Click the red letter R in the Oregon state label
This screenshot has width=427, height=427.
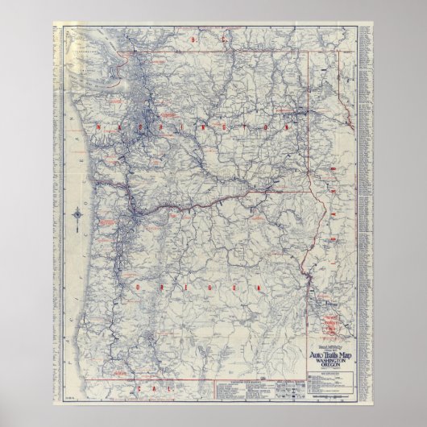pos(162,287)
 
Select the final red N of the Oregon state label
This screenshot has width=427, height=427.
pos(259,287)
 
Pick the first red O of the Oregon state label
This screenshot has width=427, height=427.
pos(138,287)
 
